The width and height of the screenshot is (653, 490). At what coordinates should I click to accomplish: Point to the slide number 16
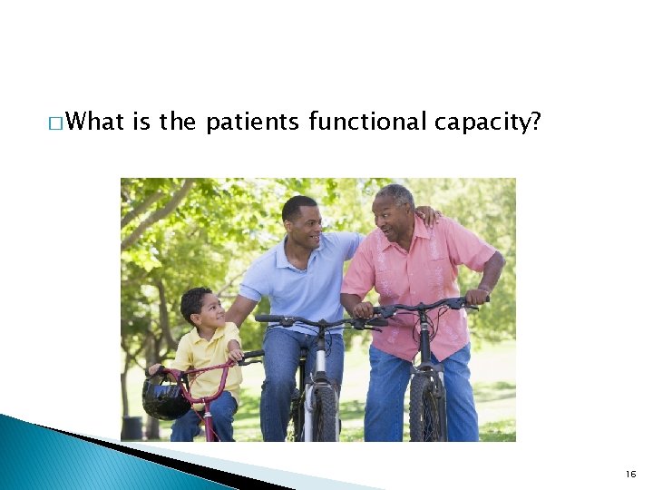tap(630, 474)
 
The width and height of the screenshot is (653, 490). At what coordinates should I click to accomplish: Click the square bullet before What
tap(57, 122)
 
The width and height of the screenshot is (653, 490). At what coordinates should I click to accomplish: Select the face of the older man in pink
tap(393, 216)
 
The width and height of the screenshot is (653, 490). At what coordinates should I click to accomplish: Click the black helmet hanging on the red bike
tap(166, 397)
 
